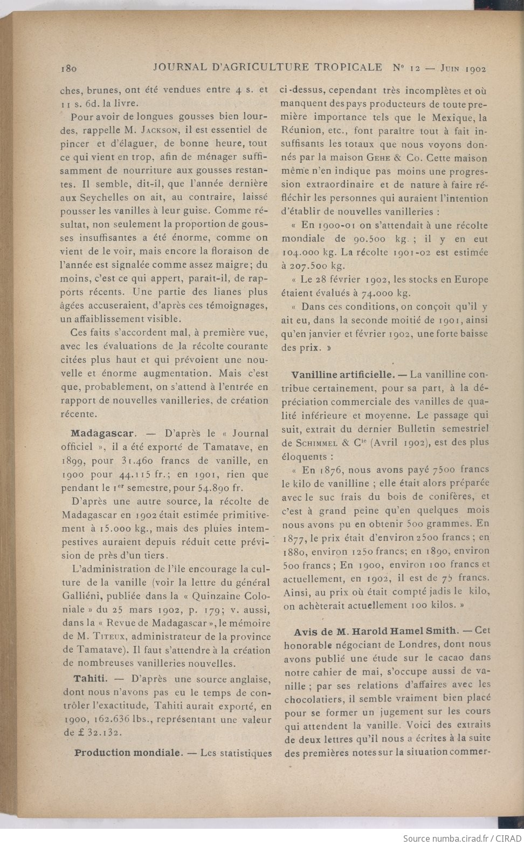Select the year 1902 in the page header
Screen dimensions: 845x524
pyautogui.click(x=475, y=69)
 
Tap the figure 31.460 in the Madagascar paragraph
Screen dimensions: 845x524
pyautogui.click(x=139, y=460)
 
